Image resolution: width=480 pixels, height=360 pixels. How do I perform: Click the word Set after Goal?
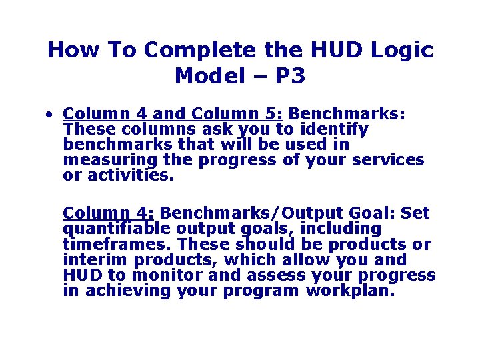tap(415, 213)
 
